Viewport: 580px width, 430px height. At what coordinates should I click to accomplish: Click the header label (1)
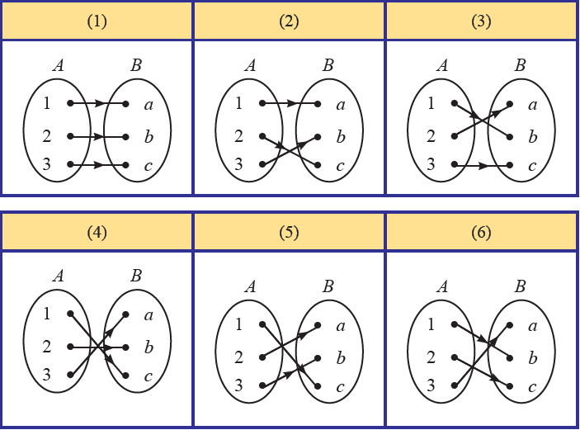(97, 21)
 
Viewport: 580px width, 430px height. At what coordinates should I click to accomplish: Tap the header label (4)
(97, 232)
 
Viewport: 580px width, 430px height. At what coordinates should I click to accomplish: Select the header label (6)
(482, 232)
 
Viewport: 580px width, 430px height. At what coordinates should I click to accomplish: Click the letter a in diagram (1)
(149, 105)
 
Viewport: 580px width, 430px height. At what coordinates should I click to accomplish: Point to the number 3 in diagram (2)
(238, 165)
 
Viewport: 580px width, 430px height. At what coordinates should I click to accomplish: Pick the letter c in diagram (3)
(533, 166)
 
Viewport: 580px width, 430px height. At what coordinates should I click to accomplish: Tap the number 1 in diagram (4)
(48, 314)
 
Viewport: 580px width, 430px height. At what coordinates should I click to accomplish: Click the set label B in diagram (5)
(328, 286)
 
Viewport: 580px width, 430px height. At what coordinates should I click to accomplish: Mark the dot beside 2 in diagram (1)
(71, 136)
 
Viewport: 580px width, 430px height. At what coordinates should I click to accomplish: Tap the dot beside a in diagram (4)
(126, 314)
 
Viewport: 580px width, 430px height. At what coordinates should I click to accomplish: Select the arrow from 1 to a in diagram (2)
(290, 104)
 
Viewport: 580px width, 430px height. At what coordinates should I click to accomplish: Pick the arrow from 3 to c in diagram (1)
(98, 165)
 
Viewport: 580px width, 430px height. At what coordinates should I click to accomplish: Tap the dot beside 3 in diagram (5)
(262, 386)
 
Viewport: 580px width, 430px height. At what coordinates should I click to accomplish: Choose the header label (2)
(290, 21)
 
